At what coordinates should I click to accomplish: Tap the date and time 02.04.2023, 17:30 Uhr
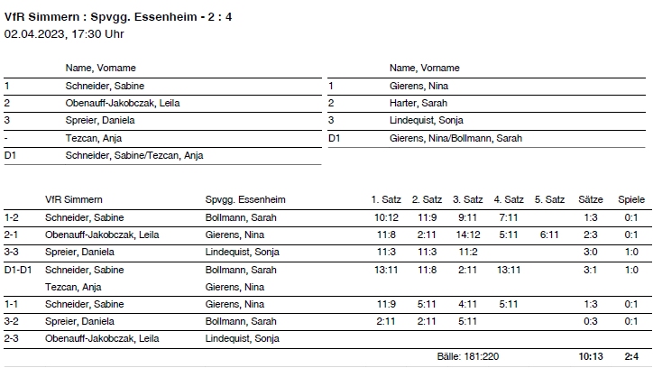tap(64, 34)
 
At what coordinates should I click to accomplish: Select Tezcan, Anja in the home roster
tap(94, 138)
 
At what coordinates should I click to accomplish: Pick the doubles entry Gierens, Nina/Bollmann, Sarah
tap(455, 138)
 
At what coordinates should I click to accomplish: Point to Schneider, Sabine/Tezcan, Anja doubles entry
tap(134, 155)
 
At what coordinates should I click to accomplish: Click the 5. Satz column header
tap(549, 199)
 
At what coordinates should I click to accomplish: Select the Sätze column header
tap(590, 199)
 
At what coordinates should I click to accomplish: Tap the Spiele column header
tap(631, 199)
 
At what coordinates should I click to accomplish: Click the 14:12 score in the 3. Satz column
tap(467, 235)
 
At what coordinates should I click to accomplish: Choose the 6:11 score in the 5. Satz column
tap(549, 235)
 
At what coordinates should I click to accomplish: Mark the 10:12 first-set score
tap(386, 217)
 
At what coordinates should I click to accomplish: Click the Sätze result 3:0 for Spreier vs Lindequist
tap(591, 252)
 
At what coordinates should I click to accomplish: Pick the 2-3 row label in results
tap(12, 339)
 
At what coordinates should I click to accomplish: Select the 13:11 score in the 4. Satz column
tap(508, 270)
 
